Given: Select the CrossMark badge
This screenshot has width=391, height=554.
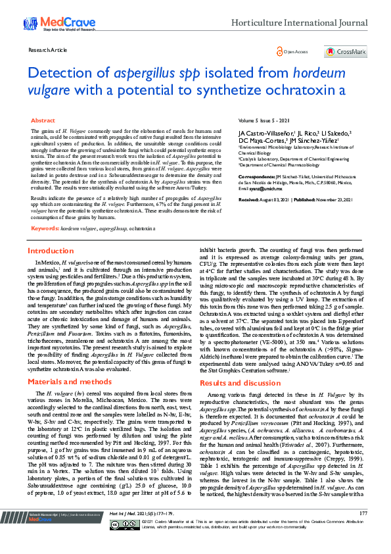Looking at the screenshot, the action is tap(346, 51).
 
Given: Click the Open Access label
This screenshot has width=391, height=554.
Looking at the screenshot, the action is tap(295, 51).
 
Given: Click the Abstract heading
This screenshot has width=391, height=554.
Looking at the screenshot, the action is tap(43, 121).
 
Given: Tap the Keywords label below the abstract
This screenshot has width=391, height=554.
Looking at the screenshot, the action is tap(45, 228).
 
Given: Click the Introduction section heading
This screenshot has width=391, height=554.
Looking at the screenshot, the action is tap(51, 251).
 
